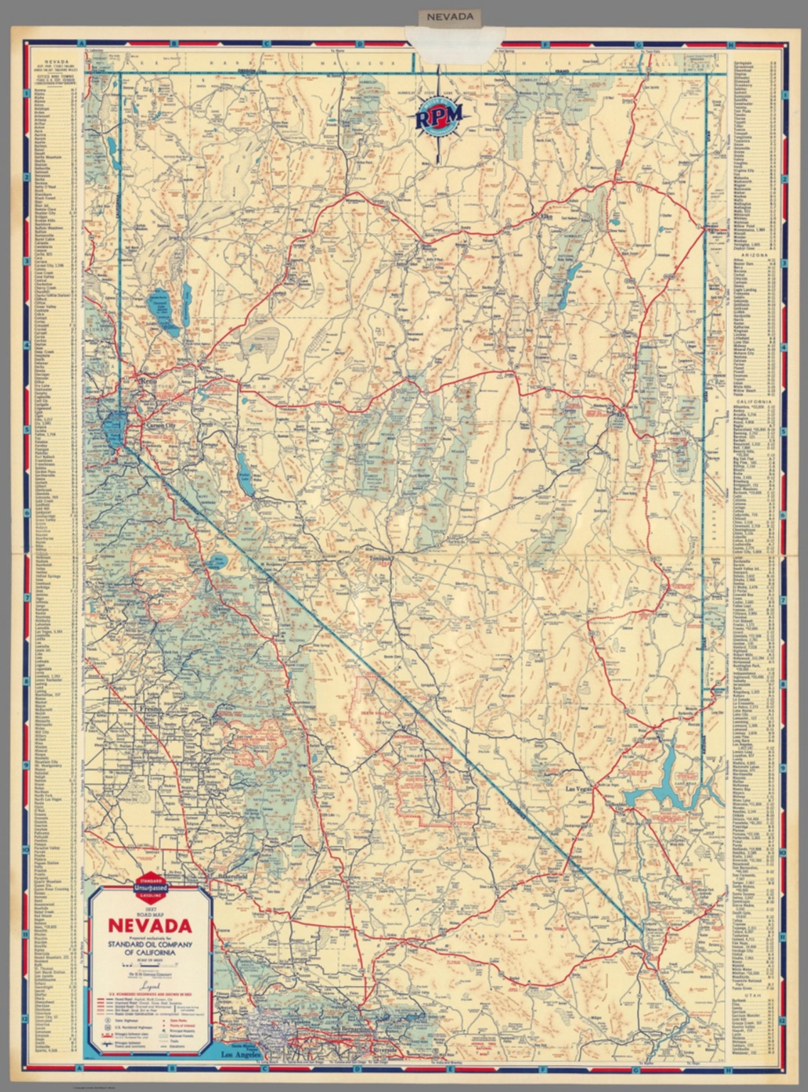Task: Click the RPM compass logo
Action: click(x=438, y=114)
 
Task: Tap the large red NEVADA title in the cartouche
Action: click(x=149, y=926)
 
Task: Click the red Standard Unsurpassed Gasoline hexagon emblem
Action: click(x=149, y=886)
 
